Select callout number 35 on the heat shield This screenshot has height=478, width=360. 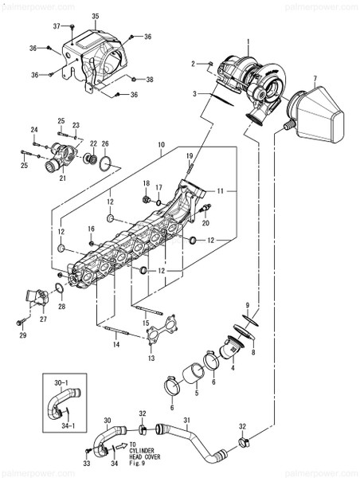96,16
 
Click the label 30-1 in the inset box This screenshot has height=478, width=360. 61,384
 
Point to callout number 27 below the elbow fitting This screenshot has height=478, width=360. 44,319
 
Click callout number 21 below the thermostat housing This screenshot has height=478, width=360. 61,179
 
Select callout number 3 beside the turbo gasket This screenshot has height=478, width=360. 194,93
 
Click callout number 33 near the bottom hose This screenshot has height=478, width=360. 87,464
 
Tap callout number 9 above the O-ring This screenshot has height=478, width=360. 248,306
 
